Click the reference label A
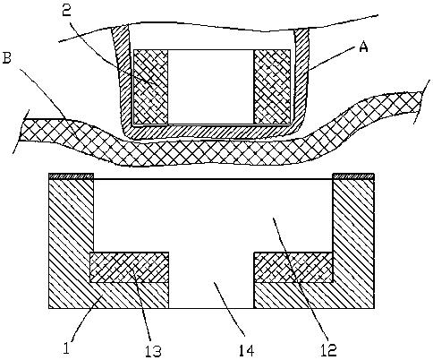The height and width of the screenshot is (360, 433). coord(363,47)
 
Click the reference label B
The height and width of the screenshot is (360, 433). coord(6,57)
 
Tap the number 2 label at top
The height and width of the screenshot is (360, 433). coord(66,11)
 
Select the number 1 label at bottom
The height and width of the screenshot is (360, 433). coord(66,347)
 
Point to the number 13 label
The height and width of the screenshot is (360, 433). coord(153,351)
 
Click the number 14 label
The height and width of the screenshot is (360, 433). coord(246,350)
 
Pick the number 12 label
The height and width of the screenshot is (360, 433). coord(328,350)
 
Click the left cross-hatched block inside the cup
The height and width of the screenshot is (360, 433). coord(151,87)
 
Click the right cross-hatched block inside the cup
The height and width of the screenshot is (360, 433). coord(272,87)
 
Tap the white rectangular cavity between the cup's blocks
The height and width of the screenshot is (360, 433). coord(211,87)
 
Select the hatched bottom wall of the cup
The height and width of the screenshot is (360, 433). coord(211,132)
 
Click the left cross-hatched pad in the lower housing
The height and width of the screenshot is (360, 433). coord(130,267)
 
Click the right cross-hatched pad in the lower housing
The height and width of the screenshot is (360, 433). coord(293,267)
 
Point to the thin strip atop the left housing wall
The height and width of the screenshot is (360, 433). coord(72,176)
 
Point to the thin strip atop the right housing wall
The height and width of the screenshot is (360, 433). coord(353,176)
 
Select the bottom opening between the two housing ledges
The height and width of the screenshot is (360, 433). coord(211,295)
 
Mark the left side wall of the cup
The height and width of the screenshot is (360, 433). coord(122,81)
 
